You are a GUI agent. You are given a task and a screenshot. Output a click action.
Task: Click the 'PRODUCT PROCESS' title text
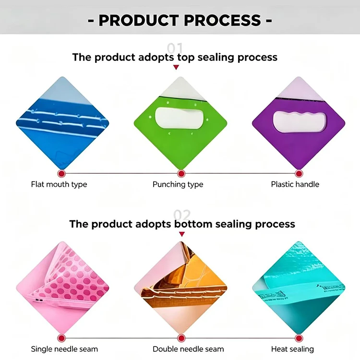tap(180, 20)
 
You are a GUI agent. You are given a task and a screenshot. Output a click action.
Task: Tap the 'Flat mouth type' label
tap(59, 184)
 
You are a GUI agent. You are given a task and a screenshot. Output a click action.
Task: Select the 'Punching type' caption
tap(178, 184)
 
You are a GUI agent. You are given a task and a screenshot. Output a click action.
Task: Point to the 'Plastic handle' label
tap(295, 184)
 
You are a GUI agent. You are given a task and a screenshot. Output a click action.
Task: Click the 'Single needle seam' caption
tap(64, 349)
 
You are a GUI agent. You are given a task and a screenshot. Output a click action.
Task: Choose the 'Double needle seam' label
tap(188, 349)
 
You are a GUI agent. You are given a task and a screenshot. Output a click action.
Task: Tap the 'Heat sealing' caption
tap(292, 349)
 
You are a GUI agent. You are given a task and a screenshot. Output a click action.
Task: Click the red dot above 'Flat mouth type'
tap(61, 174)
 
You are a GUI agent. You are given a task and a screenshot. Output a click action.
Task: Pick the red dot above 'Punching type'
tap(181, 174)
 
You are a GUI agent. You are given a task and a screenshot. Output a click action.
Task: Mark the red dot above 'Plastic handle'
tap(299, 174)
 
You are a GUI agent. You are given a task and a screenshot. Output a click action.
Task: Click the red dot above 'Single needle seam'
tap(61, 338)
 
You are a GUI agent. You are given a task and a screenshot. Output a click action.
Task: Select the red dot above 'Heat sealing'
tap(299, 338)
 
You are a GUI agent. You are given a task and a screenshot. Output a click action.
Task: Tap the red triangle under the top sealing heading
tap(176, 67)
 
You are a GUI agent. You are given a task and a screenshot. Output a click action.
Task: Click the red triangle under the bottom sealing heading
tap(182, 234)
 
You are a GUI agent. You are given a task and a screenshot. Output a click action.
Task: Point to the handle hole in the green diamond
tap(180, 118)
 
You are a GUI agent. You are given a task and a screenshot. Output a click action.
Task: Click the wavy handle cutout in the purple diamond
tap(300, 122)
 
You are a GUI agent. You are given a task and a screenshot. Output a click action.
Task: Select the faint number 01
tap(175, 48)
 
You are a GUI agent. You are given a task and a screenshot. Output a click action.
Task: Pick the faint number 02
tap(182, 215)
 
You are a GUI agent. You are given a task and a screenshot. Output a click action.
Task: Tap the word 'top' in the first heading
tap(186, 58)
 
